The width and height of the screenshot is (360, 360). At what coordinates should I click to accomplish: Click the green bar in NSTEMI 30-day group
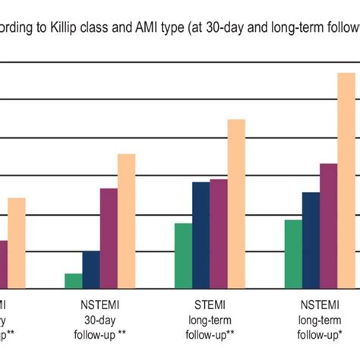tap(74, 281)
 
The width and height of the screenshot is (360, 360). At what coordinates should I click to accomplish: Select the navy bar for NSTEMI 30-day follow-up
tap(91, 270)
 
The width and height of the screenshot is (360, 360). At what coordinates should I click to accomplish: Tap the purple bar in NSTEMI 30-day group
tap(109, 238)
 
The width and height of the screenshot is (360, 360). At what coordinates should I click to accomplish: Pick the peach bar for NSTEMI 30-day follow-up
tap(126, 221)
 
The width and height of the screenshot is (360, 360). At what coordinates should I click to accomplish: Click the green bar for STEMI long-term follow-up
tap(183, 256)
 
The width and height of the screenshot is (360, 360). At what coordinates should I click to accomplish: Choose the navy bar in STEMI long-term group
tap(201, 235)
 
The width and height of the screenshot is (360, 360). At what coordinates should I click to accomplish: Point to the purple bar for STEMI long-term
tap(219, 234)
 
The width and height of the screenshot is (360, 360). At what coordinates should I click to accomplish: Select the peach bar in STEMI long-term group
tap(236, 204)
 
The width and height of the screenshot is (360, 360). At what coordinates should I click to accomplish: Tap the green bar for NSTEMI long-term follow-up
tap(292, 254)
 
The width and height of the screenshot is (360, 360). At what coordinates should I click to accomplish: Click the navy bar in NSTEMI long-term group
tap(311, 240)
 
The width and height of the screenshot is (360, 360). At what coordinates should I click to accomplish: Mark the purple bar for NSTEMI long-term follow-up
tap(328, 226)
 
